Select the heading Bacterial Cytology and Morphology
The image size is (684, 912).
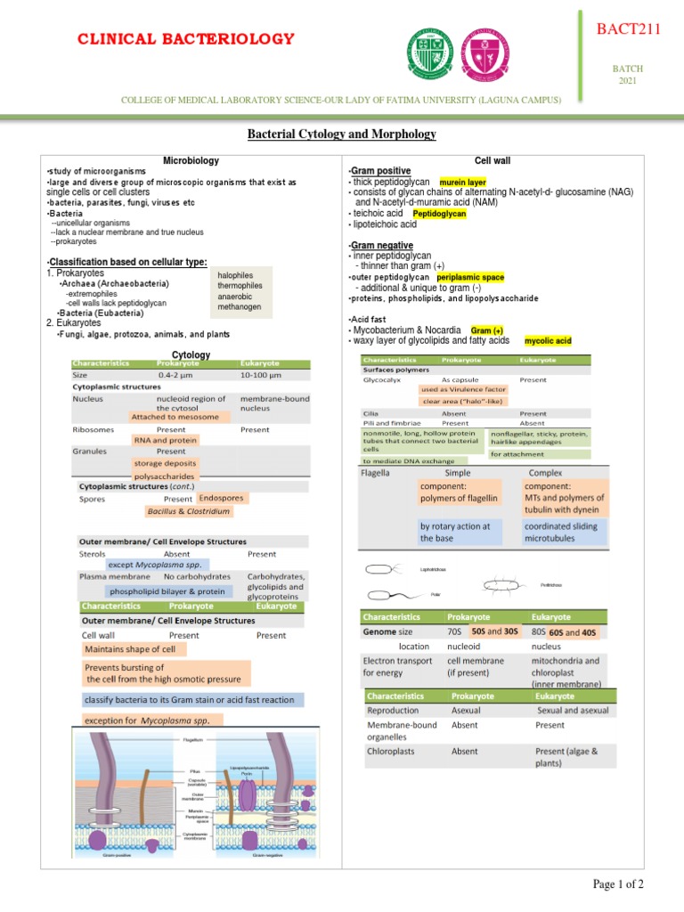pyautogui.click(x=341, y=134)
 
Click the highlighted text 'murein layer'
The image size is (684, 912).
pyautogui.click(x=463, y=182)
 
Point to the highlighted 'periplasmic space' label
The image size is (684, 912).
pyautogui.click(x=470, y=277)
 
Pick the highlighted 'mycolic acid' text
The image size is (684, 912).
pyautogui.click(x=548, y=341)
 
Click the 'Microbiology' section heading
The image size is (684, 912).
pyautogui.click(x=191, y=159)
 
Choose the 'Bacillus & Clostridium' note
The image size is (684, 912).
pyautogui.click(x=189, y=512)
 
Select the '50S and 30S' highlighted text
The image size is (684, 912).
pyautogui.click(x=494, y=631)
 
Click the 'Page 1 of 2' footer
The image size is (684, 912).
pyautogui.click(x=618, y=883)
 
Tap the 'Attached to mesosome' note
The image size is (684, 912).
pyautogui.click(x=175, y=417)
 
